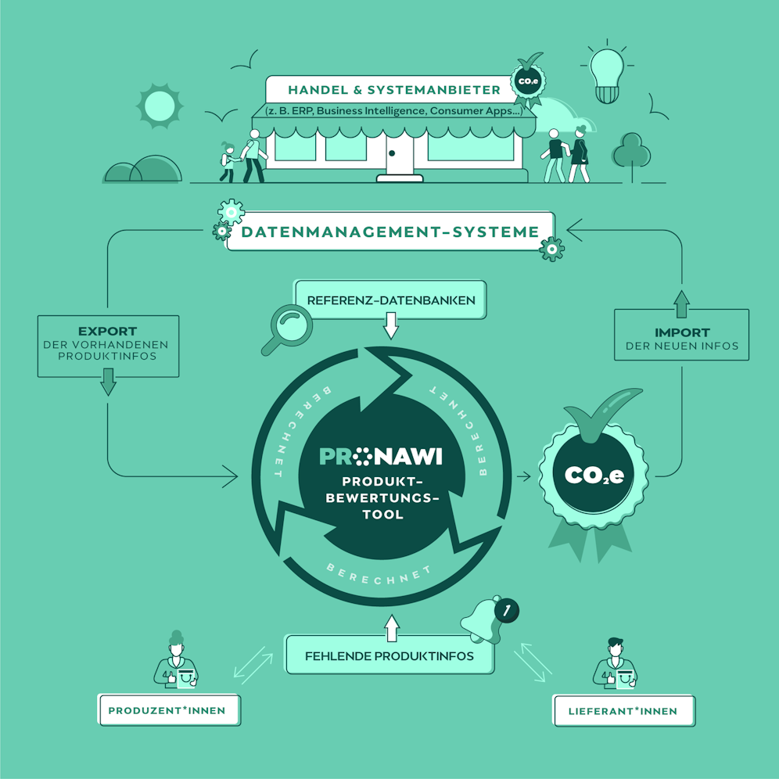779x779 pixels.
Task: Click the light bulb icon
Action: [607, 75]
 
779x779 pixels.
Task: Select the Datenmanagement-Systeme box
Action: [389, 232]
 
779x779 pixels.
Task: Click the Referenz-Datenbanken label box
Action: [390, 300]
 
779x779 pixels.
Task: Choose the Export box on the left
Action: [108, 345]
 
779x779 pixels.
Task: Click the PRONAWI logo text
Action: [381, 456]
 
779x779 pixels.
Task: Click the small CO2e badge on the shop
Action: [524, 81]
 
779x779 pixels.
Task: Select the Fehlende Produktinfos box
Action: [389, 655]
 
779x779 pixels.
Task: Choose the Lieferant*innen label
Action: [623, 711]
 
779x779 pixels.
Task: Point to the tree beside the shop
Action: [631, 154]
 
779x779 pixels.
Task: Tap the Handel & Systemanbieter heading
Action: [382, 90]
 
